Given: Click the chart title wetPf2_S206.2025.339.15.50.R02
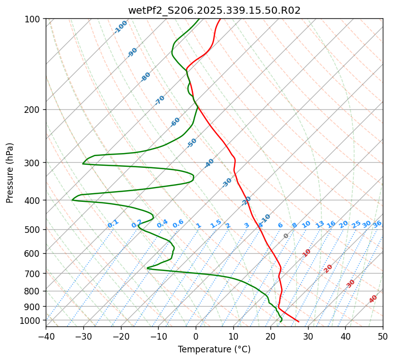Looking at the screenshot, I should pyautogui.click(x=214, y=10).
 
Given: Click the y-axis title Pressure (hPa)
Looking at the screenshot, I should pyautogui.click(x=10, y=173).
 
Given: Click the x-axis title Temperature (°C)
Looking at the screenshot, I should pyautogui.click(x=214, y=349).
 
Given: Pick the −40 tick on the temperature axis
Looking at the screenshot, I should pyautogui.click(x=46, y=336).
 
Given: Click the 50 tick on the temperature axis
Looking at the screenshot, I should pyautogui.click(x=383, y=336).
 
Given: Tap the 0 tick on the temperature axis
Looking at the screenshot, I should pyautogui.click(x=196, y=336).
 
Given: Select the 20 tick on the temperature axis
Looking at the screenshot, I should pyautogui.click(x=270, y=336).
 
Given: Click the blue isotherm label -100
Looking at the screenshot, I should pyautogui.click(x=121, y=27).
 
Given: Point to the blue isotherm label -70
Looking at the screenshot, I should pyautogui.click(x=160, y=100).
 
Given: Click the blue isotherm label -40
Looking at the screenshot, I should pyautogui.click(x=209, y=163).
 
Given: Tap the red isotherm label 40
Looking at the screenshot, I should pyautogui.click(x=373, y=299).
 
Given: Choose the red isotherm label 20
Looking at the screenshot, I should pyautogui.click(x=328, y=268).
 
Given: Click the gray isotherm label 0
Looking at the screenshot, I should pyautogui.click(x=286, y=236).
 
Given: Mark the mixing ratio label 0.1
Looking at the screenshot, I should pyautogui.click(x=113, y=224).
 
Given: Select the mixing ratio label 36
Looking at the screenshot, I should pyautogui.click(x=377, y=224).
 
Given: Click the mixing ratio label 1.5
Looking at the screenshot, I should pyautogui.click(x=216, y=224).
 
